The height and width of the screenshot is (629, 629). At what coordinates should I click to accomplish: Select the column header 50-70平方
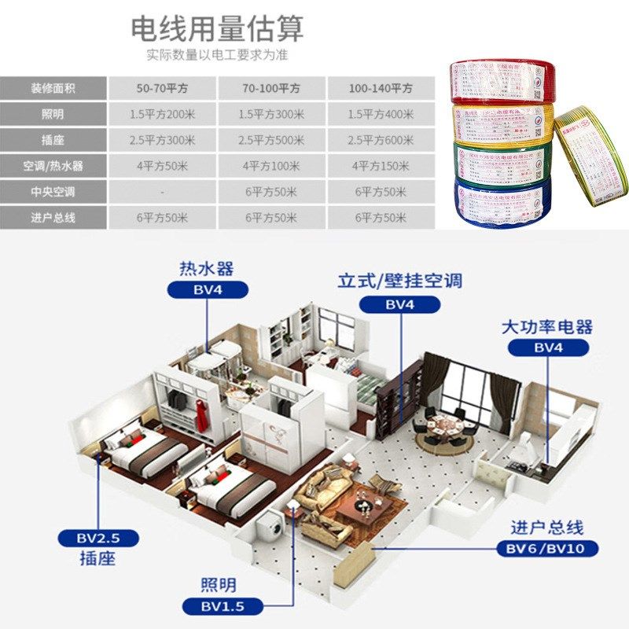pyautogui.click(x=163, y=88)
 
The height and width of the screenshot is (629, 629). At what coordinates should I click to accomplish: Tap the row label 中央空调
pyautogui.click(x=53, y=192)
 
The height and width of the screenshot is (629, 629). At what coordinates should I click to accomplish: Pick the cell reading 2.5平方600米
pyautogui.click(x=381, y=140)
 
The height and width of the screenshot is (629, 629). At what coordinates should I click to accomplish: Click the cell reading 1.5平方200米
pyautogui.click(x=163, y=114)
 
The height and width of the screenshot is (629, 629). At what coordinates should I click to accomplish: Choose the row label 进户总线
pyautogui.click(x=53, y=218)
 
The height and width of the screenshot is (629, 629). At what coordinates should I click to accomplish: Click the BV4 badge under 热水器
pyautogui.click(x=206, y=289)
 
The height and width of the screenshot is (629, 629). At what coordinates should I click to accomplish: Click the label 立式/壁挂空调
pyautogui.click(x=399, y=280)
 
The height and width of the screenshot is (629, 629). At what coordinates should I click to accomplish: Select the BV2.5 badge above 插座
pyautogui.click(x=97, y=539)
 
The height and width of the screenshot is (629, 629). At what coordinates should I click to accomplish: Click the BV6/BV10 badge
pyautogui.click(x=547, y=548)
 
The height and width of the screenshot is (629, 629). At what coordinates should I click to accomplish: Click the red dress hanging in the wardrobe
pyautogui.click(x=201, y=412)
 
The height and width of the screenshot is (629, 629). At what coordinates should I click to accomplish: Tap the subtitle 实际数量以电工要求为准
pyautogui.click(x=216, y=55)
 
